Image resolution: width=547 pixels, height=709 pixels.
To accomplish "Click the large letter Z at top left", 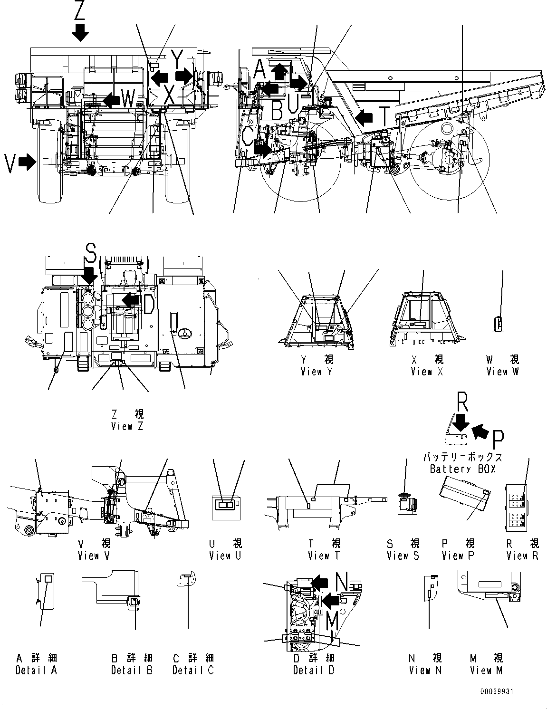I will tap(79, 10).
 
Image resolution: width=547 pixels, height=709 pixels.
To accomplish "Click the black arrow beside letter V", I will tap(28, 162).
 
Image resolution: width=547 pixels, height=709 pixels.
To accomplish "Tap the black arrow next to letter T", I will tap(365, 116).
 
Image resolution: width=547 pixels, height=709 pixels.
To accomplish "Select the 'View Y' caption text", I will tap(317, 372).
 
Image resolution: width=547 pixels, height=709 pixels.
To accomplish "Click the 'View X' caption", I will tap(427, 372).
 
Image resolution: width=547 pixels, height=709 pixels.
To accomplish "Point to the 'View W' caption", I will tap(502, 372).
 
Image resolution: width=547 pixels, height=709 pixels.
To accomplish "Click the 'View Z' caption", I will tap(127, 426).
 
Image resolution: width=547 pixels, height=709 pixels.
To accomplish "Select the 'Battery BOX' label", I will tap(462, 469).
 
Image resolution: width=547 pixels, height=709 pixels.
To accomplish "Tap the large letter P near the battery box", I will tap(498, 439).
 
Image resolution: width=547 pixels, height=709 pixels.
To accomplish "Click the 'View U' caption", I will tap(225, 556).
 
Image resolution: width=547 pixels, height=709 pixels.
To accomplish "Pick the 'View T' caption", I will tap(324, 556).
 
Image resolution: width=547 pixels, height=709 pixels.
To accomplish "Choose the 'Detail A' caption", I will tap(36, 671).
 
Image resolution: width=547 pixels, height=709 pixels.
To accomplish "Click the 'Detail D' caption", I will tap(314, 671).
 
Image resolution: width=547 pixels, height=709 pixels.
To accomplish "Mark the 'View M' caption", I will tap(486, 671).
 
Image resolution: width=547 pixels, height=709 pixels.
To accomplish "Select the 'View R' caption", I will tap(522, 556).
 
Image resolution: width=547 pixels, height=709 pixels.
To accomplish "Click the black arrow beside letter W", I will tap(112, 99).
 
